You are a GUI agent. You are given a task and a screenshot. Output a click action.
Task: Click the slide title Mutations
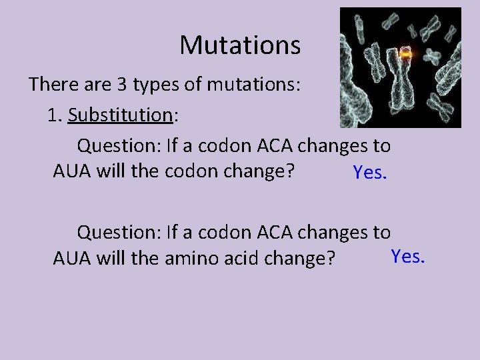point(240,45)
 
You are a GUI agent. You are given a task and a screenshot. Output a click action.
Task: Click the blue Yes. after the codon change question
point(370,173)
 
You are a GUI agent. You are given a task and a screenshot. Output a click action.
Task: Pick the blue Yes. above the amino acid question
point(407,256)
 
